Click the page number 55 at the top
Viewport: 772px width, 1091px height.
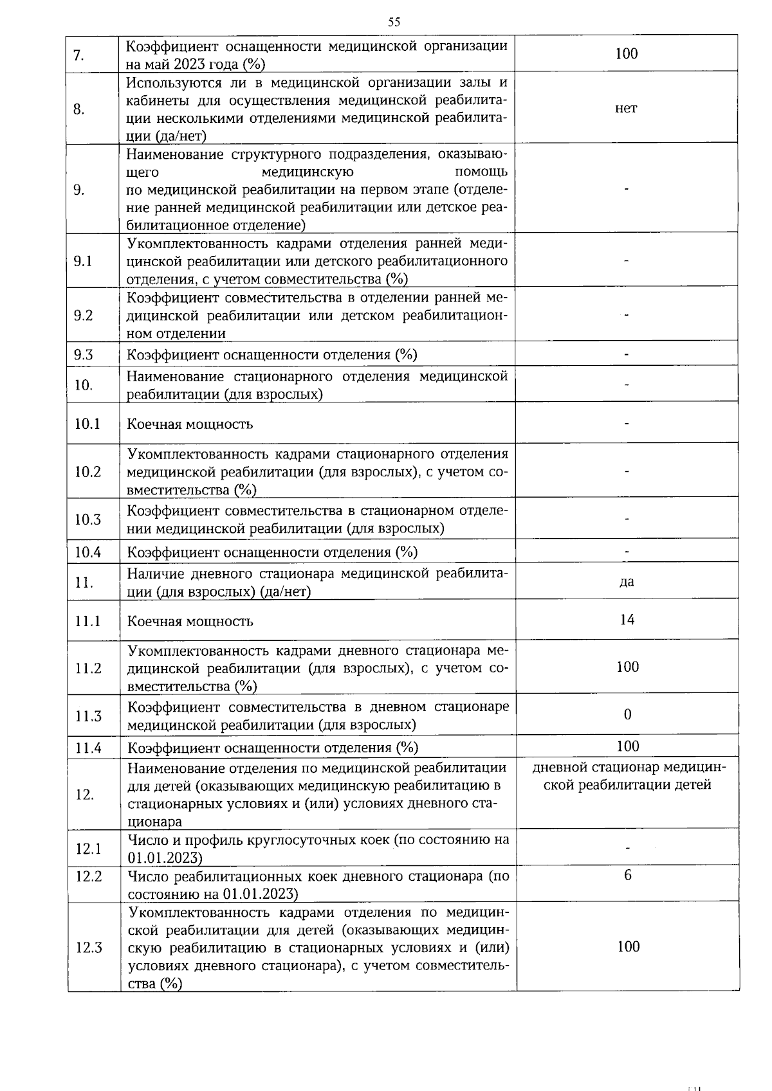click(x=394, y=22)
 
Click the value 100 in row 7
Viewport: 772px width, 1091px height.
click(x=626, y=53)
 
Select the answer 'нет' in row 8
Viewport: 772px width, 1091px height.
click(x=626, y=108)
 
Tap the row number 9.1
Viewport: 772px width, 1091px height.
click(x=83, y=261)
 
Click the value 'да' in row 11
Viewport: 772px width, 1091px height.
click(x=627, y=582)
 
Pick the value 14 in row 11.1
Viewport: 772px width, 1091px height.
click(x=627, y=620)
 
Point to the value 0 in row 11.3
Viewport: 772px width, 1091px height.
click(x=628, y=714)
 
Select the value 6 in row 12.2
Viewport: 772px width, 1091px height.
click(x=628, y=875)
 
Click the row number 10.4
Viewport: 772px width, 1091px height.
click(x=87, y=552)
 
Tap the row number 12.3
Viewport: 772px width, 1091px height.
click(x=89, y=948)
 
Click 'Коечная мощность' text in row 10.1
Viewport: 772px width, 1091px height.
click(x=190, y=424)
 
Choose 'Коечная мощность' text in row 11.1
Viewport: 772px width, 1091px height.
click(x=190, y=622)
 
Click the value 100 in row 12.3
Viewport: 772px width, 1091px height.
click(x=628, y=946)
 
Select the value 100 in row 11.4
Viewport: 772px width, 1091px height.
click(x=628, y=746)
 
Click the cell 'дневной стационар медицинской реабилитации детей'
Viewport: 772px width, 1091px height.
click(x=628, y=777)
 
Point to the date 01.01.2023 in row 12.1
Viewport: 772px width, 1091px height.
click(x=165, y=858)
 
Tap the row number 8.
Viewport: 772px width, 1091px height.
click(x=78, y=109)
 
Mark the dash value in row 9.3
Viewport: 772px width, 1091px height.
click(x=627, y=354)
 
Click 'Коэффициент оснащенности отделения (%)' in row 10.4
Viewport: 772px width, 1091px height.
click(x=272, y=552)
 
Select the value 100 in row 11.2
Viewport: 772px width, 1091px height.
click(x=628, y=667)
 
